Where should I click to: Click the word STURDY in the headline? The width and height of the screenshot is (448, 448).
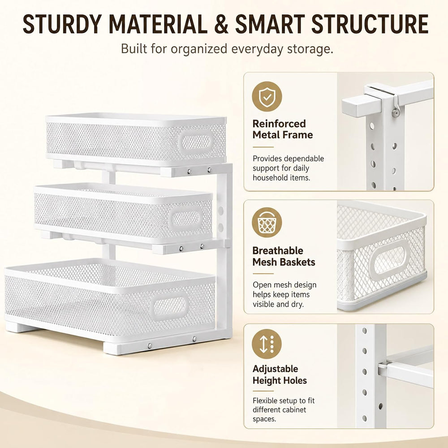click(62, 24)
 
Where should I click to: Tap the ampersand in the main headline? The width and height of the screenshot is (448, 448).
click(221, 24)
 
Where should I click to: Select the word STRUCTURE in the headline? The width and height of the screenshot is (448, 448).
click(370, 24)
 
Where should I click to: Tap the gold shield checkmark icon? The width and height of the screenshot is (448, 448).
click(267, 97)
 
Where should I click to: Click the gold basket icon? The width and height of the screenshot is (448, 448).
click(267, 223)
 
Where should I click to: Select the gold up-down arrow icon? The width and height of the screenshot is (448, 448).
click(267, 344)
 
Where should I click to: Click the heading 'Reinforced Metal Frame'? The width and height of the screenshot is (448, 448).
click(283, 129)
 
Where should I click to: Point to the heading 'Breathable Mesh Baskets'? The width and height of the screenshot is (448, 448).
click(284, 256)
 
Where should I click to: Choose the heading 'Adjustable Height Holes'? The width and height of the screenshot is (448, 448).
click(280, 375)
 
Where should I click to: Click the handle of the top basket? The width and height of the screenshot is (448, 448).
click(196, 142)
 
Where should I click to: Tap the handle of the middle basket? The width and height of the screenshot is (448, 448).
click(186, 219)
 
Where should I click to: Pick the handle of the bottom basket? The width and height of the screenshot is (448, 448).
click(169, 306)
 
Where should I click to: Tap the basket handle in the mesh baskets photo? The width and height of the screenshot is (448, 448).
click(389, 260)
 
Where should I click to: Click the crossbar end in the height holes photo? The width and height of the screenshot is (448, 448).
click(382, 369)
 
